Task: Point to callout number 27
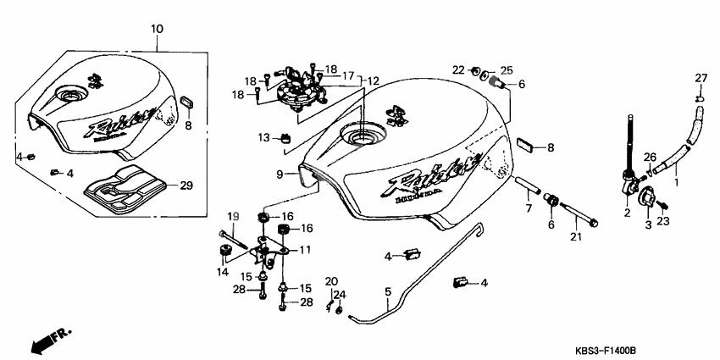click(701, 79)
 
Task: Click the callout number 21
click(578, 237)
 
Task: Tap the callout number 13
click(263, 137)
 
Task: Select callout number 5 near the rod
click(388, 292)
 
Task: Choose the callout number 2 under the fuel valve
click(628, 215)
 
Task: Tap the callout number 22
click(457, 69)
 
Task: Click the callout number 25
click(507, 69)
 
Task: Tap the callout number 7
click(527, 208)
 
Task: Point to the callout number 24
click(342, 295)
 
